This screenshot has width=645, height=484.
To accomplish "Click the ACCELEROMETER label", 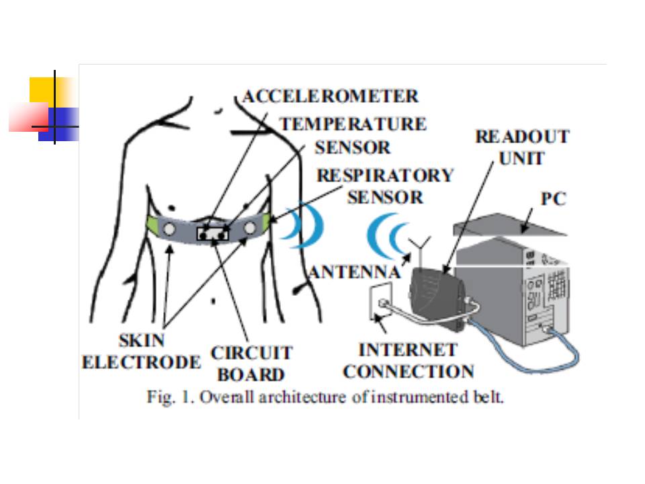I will pyautogui.click(x=330, y=96).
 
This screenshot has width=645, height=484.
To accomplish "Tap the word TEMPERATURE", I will pyautogui.click(x=352, y=124).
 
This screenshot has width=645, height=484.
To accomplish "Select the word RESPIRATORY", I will pyautogui.click(x=385, y=175).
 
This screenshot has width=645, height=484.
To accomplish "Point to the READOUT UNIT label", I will pyautogui.click(x=522, y=148).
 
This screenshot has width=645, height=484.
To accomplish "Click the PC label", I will pyautogui.click(x=554, y=199).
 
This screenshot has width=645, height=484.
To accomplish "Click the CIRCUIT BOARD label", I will pyautogui.click(x=251, y=363).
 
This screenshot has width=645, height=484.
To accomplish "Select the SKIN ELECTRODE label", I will pyautogui.click(x=141, y=352).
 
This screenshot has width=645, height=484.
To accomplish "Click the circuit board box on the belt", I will pyautogui.click(x=213, y=233).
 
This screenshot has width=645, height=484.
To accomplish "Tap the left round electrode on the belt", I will pyautogui.click(x=169, y=229).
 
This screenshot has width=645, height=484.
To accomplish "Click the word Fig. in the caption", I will pyautogui.click(x=158, y=397).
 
